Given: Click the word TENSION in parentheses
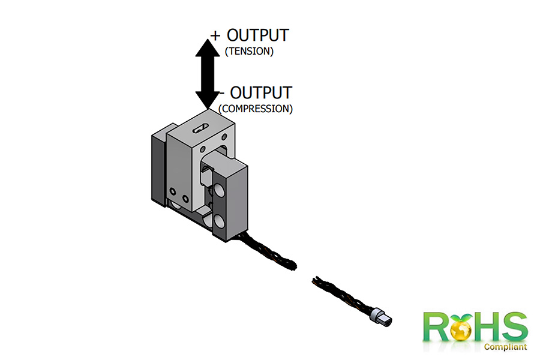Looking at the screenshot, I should point(249,52).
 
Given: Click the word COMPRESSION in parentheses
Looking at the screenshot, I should point(256,109).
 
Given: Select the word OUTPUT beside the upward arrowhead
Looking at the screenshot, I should point(258,35).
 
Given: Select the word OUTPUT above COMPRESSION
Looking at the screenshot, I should point(262,93).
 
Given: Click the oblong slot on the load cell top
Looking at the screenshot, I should point(199,127).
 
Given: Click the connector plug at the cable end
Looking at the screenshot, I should point(380,317).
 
